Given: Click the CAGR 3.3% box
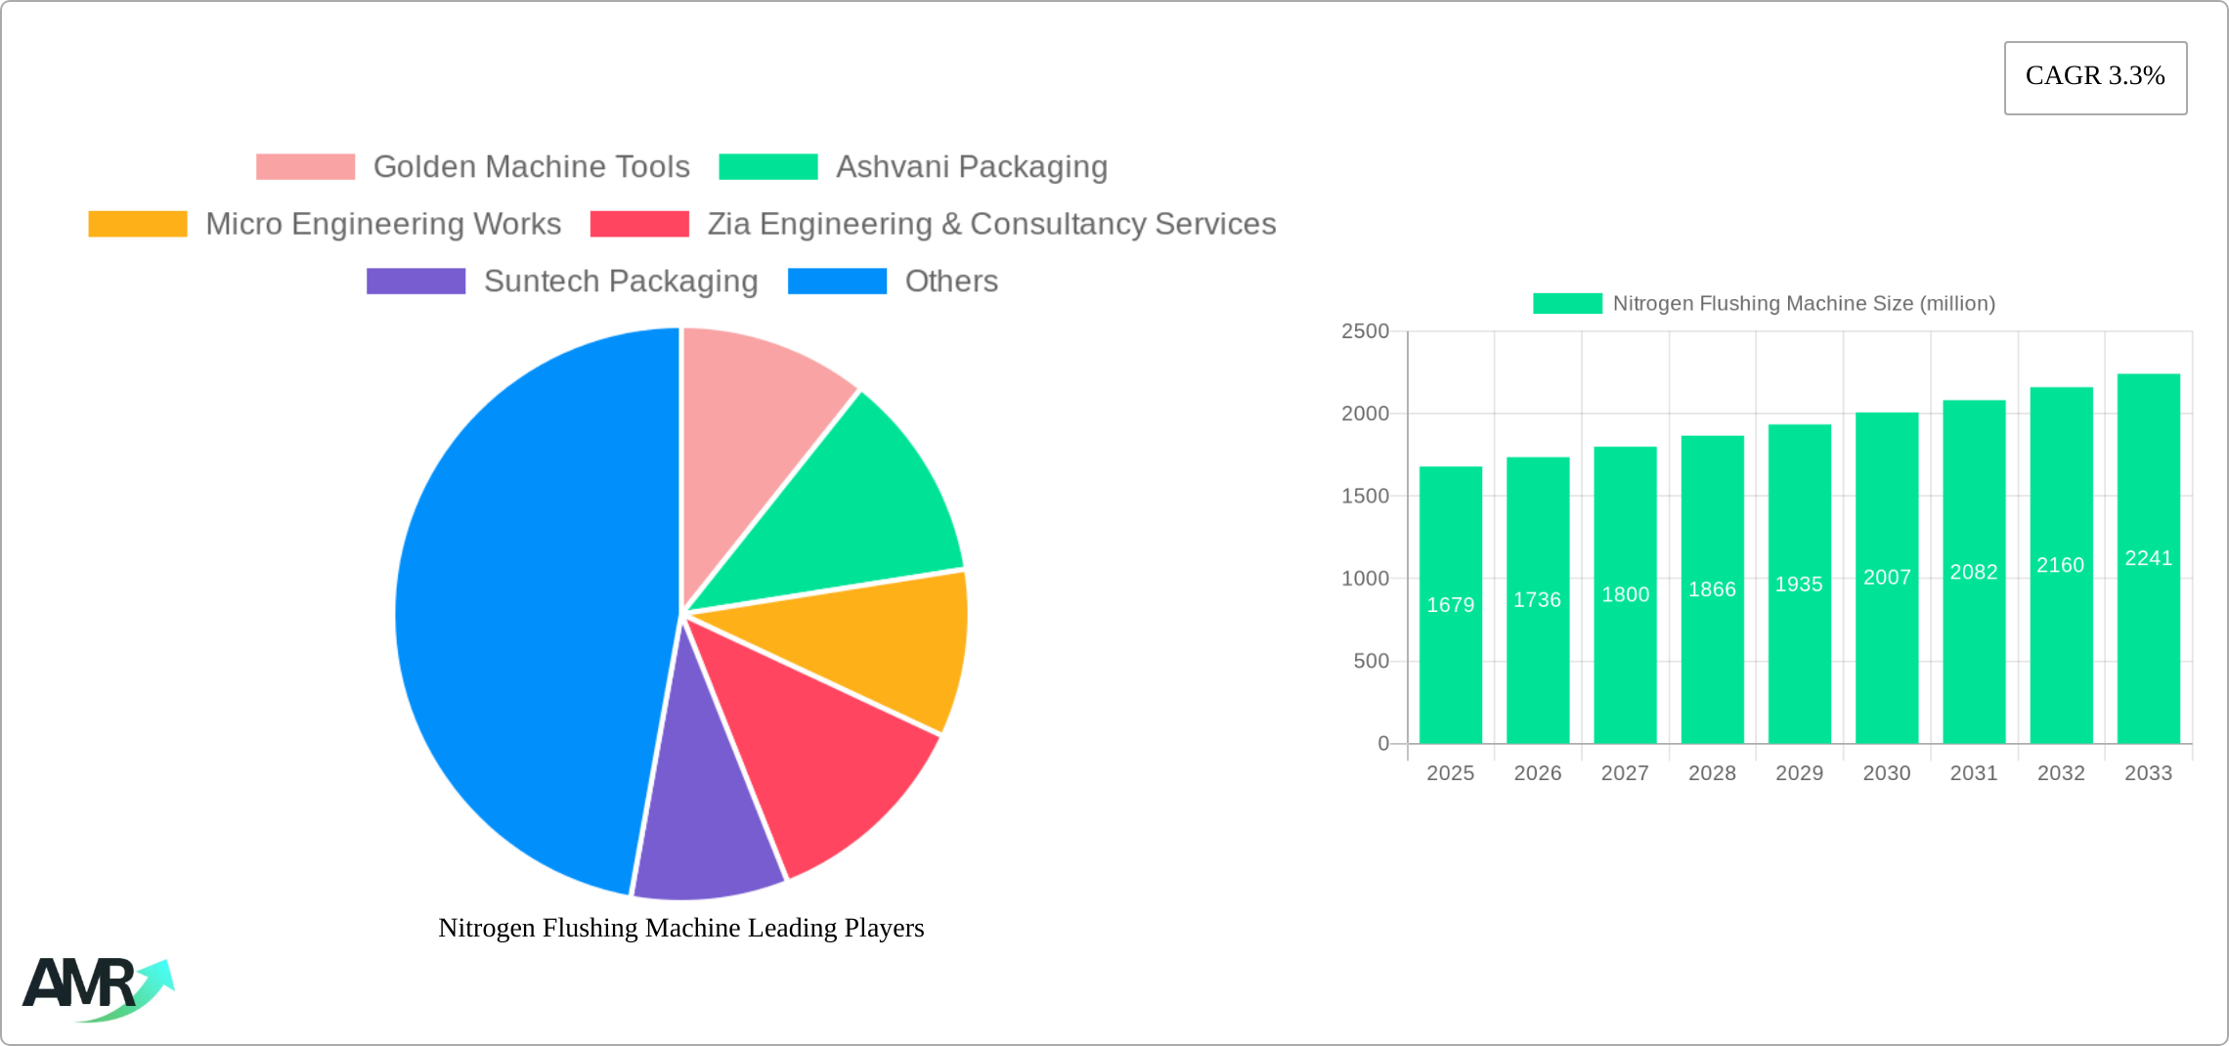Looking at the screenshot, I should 2095,77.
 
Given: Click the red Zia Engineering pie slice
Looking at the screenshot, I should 821,753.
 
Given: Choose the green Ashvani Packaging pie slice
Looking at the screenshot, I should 860,508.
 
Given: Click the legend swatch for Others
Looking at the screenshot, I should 837,282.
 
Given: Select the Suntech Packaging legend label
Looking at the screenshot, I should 621,282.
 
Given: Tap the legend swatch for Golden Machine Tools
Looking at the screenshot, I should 305,167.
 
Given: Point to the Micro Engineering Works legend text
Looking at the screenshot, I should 383,224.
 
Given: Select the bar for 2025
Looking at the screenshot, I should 1450,606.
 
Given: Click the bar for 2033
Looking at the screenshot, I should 2148,557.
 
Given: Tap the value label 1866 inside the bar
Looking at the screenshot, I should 1712,589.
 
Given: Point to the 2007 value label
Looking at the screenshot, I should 1887,578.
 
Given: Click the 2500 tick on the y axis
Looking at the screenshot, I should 1365,331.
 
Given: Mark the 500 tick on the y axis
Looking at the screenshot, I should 1371,662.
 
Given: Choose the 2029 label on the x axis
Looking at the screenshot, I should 1799,773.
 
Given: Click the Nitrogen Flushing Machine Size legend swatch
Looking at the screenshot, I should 1567,304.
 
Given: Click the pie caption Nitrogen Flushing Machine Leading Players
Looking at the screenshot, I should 680,928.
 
